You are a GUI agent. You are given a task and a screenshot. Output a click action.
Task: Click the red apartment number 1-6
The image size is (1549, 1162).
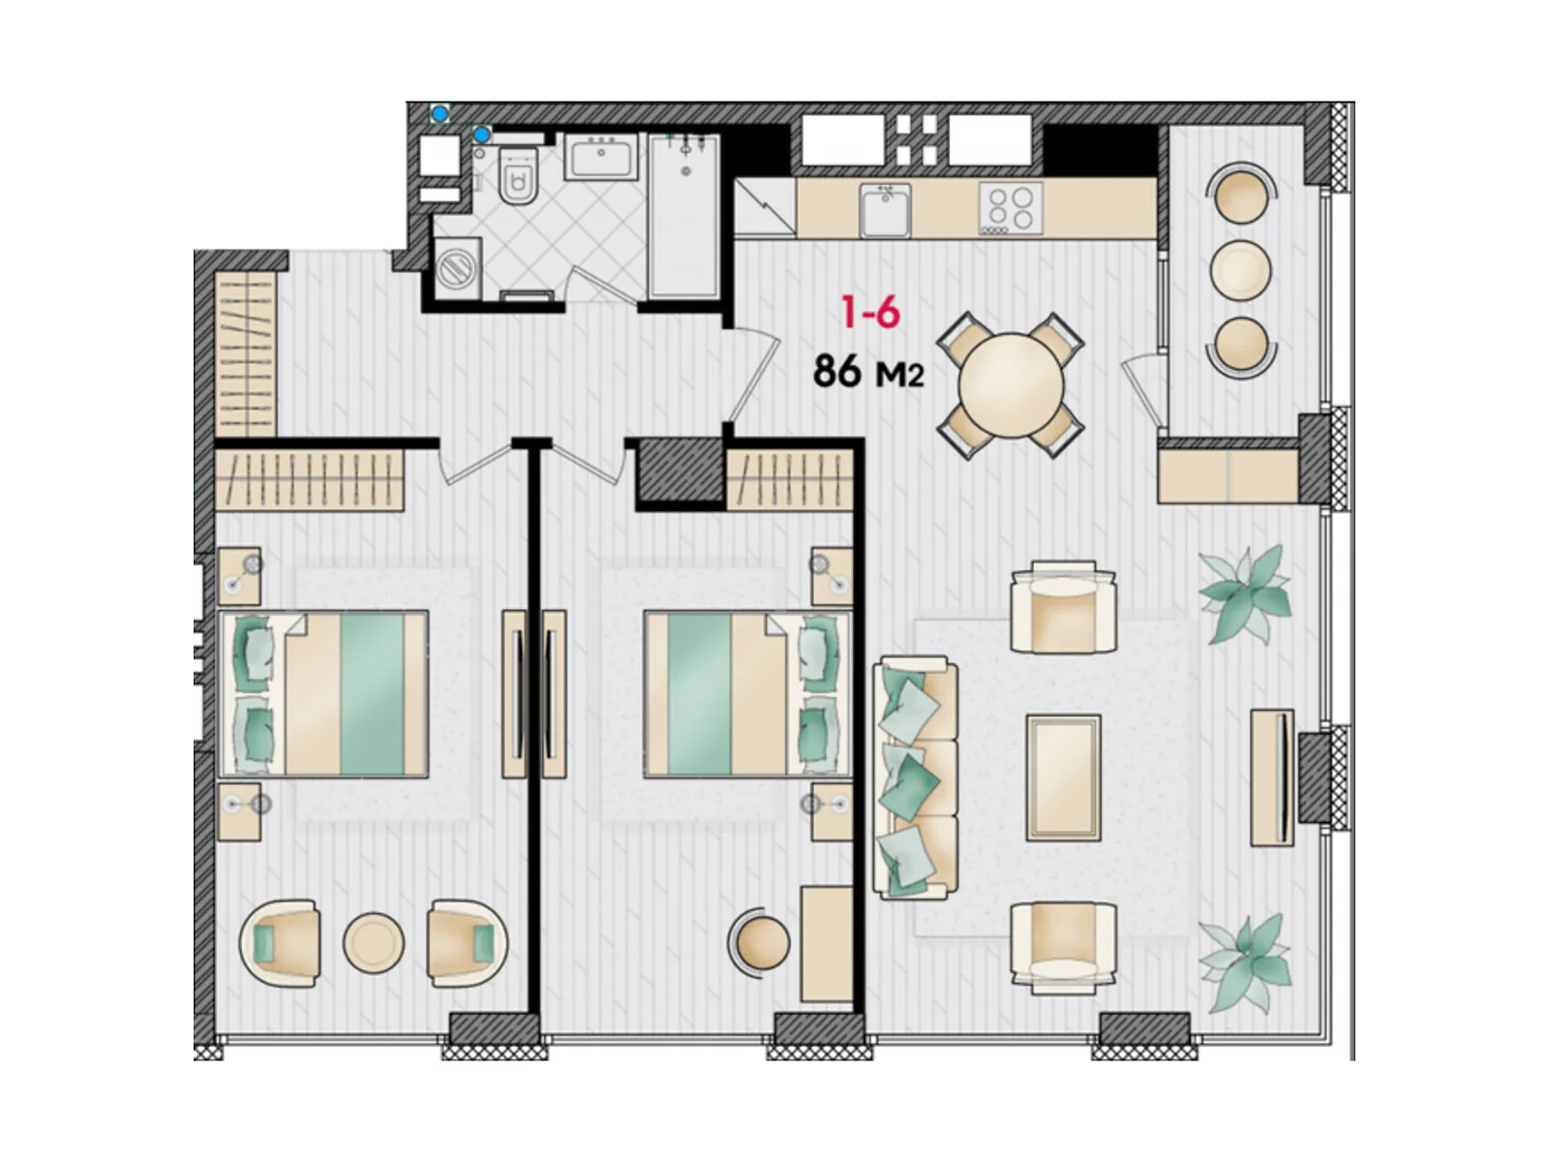(x=870, y=313)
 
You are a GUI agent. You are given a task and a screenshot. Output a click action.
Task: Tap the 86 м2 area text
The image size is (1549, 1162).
(x=868, y=371)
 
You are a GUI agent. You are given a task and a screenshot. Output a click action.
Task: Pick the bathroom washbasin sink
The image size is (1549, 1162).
(x=600, y=156)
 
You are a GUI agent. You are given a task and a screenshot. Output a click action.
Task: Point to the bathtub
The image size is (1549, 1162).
(x=683, y=216)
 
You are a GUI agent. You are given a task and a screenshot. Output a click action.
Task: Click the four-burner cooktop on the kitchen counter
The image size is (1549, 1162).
(x=1011, y=208)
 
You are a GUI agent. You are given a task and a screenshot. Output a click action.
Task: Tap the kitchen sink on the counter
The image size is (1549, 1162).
(x=884, y=210)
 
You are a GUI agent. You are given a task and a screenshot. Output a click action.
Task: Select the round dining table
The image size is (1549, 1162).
(x=1011, y=385)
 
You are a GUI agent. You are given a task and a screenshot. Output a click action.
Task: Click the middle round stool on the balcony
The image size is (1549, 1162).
(x=1240, y=270)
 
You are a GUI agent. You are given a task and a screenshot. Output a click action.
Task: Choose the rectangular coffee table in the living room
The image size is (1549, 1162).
(x=1063, y=778)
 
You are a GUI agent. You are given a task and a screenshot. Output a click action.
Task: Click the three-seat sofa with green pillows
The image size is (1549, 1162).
(x=915, y=779)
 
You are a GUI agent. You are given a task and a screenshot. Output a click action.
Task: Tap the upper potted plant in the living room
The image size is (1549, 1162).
(x=1245, y=594)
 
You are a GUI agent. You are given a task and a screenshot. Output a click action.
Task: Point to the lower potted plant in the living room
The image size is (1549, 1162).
(x=1245, y=963)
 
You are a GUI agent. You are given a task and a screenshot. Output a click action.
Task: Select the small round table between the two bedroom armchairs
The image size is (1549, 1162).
(x=374, y=943)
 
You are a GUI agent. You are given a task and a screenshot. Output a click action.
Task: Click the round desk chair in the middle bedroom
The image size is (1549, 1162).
(x=761, y=943)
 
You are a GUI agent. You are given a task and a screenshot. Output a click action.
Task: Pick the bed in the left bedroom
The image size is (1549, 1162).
(x=324, y=694)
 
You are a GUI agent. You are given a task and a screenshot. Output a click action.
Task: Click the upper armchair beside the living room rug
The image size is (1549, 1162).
(x=1063, y=607)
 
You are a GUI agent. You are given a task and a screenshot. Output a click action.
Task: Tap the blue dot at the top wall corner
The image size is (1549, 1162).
(x=440, y=113)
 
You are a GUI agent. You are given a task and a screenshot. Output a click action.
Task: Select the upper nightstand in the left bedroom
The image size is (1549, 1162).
(x=239, y=576)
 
